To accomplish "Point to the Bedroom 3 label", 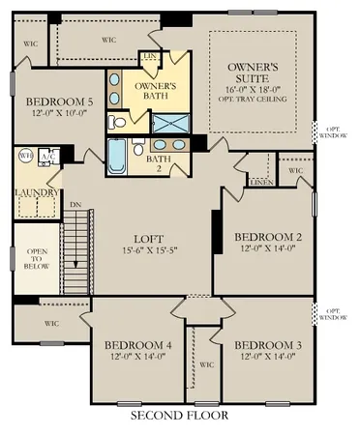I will (x=268, y=345).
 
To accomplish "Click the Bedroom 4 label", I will (x=138, y=345).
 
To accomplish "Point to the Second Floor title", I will (x=179, y=416).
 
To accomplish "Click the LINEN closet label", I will (x=260, y=181).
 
